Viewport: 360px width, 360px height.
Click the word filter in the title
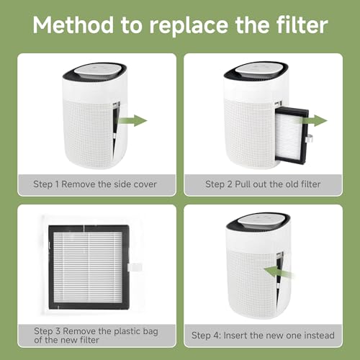coord(297,27)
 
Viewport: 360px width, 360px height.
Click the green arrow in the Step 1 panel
coord(132,120)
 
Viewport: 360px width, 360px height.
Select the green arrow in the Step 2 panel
coord(316,120)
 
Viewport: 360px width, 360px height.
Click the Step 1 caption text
coord(95,184)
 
